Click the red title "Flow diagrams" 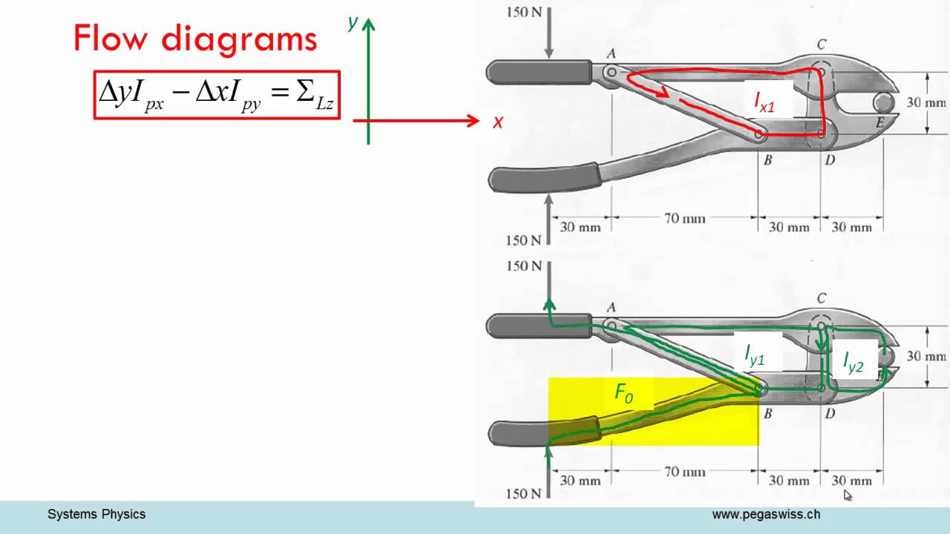(x=195, y=38)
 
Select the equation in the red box (x=217, y=94)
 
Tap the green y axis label (x=353, y=23)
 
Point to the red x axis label (x=498, y=122)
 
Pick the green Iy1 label (x=755, y=356)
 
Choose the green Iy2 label (x=853, y=361)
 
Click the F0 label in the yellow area (x=624, y=393)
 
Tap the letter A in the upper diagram (x=612, y=53)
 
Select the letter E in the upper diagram (x=879, y=123)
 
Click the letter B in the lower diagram (x=767, y=413)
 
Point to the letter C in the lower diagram (x=822, y=299)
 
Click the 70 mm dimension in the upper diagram (x=684, y=219)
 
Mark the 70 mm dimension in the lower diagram (x=684, y=472)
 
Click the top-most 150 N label (x=524, y=12)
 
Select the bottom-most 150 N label (x=524, y=493)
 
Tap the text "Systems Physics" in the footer (x=96, y=514)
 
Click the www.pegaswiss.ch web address (x=766, y=514)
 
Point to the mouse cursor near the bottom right (x=848, y=495)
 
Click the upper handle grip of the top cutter (x=539, y=72)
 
